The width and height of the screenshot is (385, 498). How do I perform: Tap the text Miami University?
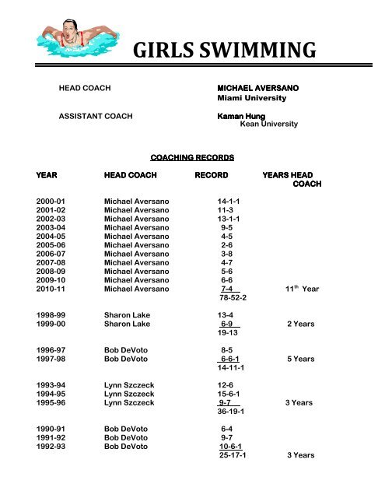tap(250, 99)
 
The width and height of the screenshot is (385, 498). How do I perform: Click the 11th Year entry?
tap(302, 289)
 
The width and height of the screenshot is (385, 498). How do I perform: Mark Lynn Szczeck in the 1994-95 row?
tap(133, 395)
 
